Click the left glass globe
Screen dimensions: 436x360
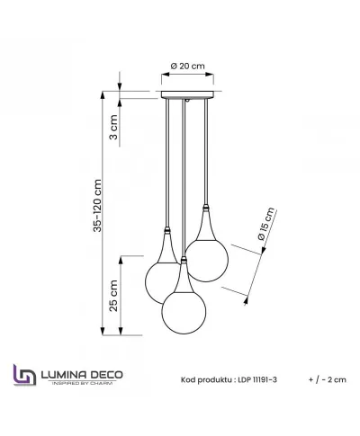163,279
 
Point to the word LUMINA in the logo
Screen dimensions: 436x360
68,371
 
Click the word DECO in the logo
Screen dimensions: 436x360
110,371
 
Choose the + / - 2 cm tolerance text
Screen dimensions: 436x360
324,379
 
